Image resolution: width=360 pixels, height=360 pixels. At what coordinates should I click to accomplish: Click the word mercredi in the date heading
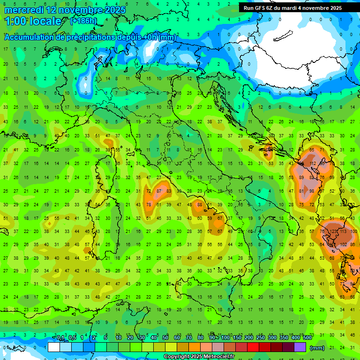[x=23, y=10]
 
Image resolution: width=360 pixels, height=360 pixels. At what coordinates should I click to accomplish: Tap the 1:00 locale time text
[x=33, y=21]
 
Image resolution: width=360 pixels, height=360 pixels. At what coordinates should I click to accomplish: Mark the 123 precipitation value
[x=334, y=231]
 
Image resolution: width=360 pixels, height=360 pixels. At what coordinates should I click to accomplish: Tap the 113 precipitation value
[x=345, y=231]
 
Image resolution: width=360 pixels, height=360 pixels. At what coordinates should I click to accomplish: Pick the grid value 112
[x=312, y=164]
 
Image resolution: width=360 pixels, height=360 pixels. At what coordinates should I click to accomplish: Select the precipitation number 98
[x=312, y=191]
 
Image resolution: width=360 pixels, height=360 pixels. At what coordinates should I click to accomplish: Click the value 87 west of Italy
[x=159, y=191]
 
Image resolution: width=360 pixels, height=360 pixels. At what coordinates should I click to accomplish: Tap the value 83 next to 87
[x=169, y=191]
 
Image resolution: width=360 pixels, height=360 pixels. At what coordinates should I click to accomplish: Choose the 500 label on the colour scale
[x=307, y=338]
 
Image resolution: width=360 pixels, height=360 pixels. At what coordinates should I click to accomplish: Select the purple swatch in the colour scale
[x=300, y=347]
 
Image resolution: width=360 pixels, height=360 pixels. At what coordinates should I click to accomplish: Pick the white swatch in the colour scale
[x=53, y=347]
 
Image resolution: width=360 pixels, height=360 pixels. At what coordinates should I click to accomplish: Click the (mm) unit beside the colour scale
[x=317, y=348]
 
